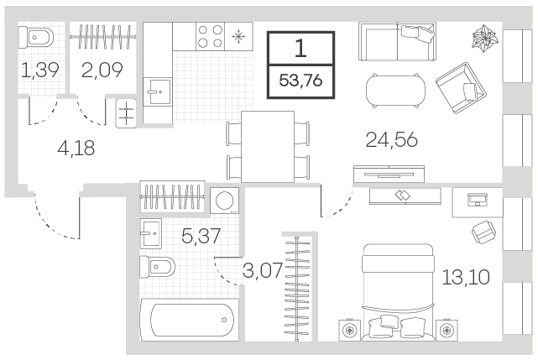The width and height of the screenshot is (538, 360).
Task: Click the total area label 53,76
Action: (x=301, y=81)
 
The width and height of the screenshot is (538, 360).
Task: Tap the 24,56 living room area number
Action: (x=391, y=139)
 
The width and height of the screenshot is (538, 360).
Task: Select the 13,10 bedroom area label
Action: (x=466, y=277)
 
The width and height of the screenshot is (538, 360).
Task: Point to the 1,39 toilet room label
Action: (x=40, y=70)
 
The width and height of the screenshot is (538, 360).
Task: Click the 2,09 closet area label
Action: (x=102, y=70)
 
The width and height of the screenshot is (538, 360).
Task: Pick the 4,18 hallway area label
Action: (x=76, y=149)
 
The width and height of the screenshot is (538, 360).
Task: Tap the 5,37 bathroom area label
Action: (x=201, y=236)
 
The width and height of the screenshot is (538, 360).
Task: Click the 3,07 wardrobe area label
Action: (x=263, y=270)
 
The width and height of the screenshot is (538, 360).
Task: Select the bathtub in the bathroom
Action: (x=190, y=320)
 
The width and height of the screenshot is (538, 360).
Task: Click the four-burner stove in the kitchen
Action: (x=211, y=36)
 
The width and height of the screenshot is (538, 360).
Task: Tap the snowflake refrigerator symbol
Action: (x=238, y=36)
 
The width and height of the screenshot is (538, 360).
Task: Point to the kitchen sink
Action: (x=158, y=91)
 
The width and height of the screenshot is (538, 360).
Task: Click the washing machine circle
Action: (x=224, y=201)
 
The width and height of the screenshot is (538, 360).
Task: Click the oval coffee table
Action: (x=395, y=91)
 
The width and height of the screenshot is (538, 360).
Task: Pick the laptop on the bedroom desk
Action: (x=478, y=200)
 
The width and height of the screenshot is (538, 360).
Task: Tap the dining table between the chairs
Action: (x=268, y=147)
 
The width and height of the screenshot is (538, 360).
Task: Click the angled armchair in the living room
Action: (x=461, y=88)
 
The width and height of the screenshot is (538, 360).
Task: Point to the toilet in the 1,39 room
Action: (x=36, y=37)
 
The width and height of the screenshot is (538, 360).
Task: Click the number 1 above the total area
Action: (x=300, y=48)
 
